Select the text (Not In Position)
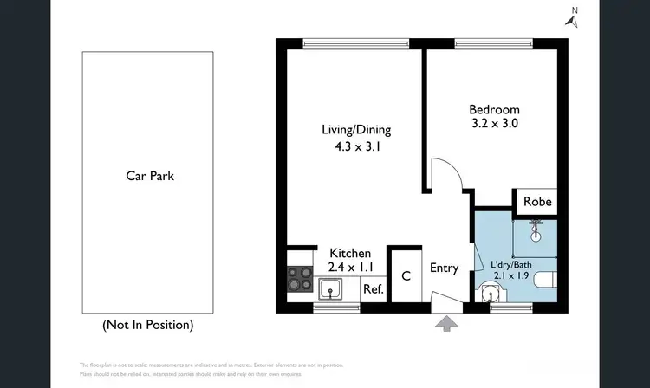point(147,325)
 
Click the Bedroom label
point(494,109)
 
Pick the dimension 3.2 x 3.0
point(494,124)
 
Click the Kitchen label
point(349,252)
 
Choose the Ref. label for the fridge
point(373,289)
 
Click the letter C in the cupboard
point(405,276)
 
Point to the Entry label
point(444,268)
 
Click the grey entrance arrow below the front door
point(446,324)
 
